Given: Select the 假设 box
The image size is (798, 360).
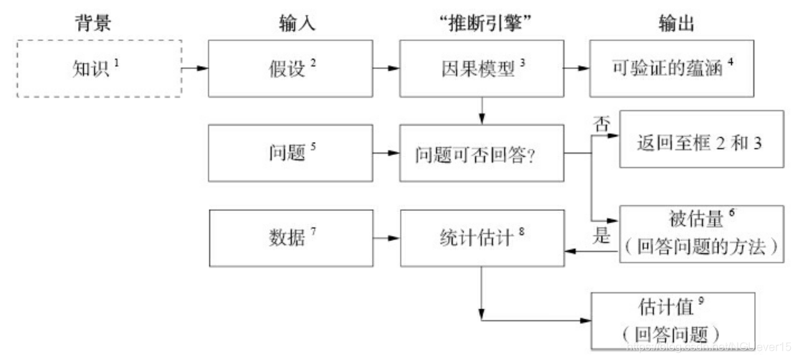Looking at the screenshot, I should (290, 68).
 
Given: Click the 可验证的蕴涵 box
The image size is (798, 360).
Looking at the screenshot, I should (673, 68).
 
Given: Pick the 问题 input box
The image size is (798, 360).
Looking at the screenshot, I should (290, 153).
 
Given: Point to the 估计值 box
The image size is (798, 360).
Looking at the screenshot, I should (673, 319).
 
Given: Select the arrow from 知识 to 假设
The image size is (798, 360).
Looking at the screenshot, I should (194, 69).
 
